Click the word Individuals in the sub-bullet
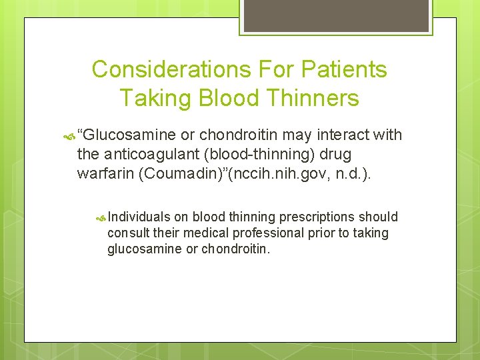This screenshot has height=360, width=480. point(139,217)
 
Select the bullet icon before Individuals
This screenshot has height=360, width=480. point(101,217)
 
